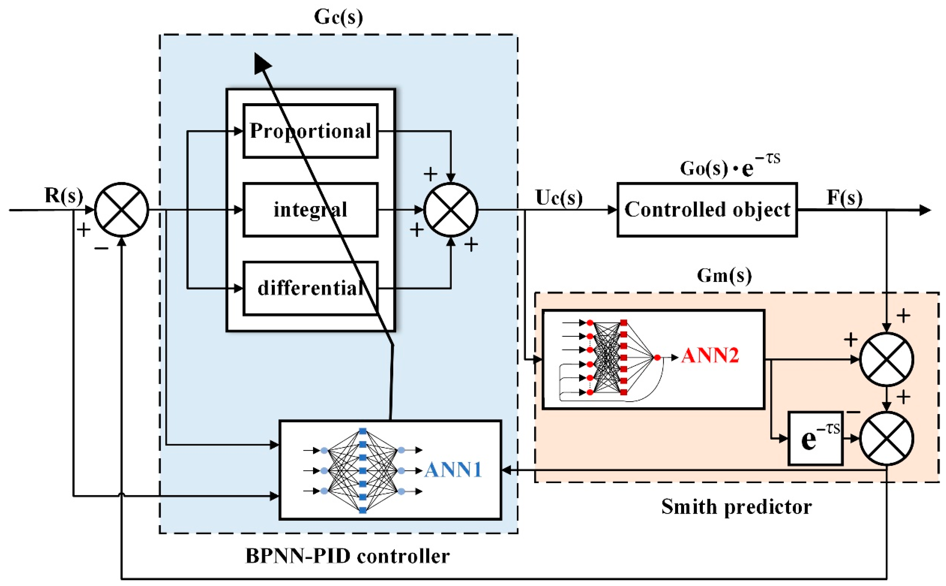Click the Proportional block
(310, 131)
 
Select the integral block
(310, 210)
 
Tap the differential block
(310, 288)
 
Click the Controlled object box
(707, 210)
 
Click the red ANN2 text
(710, 355)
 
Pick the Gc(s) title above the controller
(338, 17)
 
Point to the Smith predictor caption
(736, 506)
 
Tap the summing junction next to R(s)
(122, 210)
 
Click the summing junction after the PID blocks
(451, 210)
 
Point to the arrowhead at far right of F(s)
(925, 210)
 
